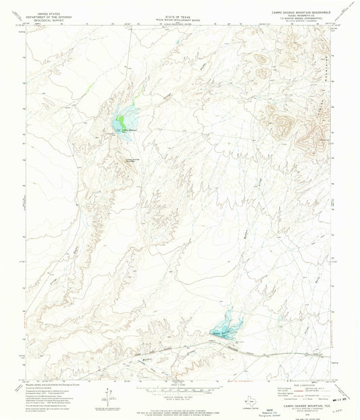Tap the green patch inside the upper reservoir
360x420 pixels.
pos(120,122)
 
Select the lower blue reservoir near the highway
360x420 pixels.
pos(226,325)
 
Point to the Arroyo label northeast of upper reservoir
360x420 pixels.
pos(164,99)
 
